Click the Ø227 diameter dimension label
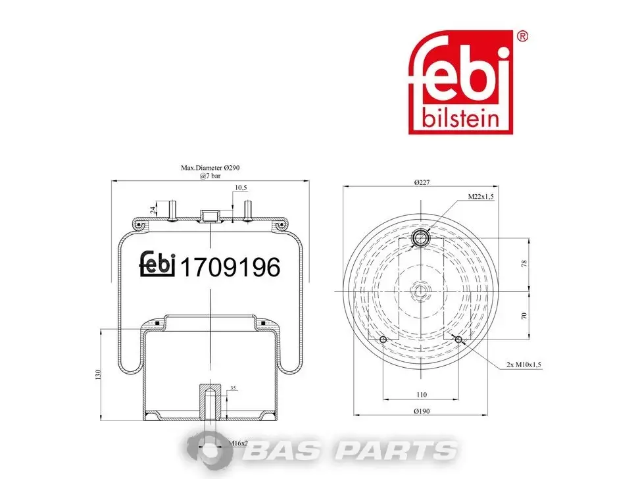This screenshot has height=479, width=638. click(x=422, y=182)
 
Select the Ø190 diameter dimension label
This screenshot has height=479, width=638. click(x=422, y=411)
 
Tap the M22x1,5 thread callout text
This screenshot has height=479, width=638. click(x=481, y=197)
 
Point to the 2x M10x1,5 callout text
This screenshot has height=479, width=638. click(x=524, y=365)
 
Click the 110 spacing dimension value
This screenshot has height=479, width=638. click(x=422, y=394)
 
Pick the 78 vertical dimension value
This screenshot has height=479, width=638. click(x=524, y=263)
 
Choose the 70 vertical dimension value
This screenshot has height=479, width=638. click(x=524, y=316)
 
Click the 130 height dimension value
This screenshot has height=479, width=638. click(x=97, y=375)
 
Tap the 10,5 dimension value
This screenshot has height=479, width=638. click(x=241, y=188)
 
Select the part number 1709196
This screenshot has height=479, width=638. click(x=230, y=267)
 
